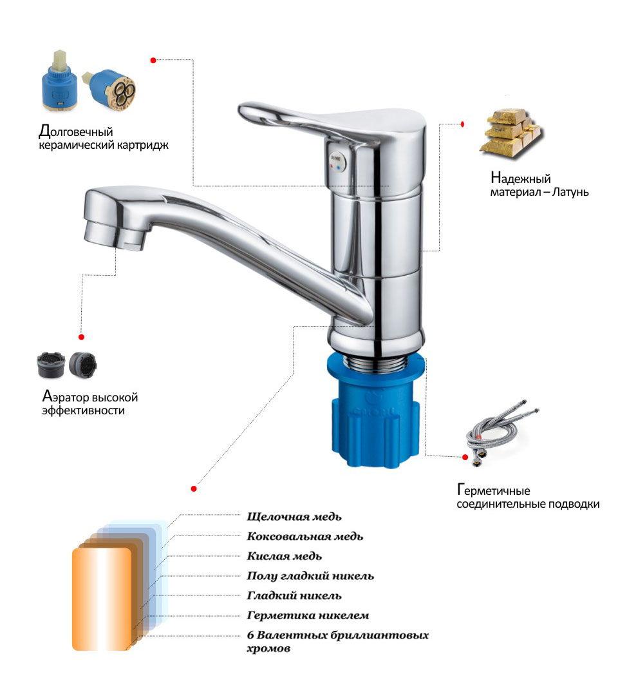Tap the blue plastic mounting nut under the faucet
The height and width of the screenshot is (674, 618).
point(376,412)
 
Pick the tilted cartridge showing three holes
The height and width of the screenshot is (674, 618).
point(110,89)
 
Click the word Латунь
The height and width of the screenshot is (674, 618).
point(570,192)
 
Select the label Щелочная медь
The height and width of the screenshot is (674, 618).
point(294,517)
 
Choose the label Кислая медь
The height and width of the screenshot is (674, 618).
point(284,556)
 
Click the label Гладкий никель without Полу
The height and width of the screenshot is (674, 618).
point(294,596)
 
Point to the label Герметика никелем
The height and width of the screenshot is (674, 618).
point(308,615)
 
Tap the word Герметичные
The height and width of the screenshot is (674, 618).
point(494,490)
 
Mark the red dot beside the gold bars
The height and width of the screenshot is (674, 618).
point(462,124)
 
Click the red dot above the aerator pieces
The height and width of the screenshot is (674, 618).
point(81,337)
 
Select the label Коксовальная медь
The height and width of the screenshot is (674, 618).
point(305,537)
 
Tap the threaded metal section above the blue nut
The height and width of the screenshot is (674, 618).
point(376,363)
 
